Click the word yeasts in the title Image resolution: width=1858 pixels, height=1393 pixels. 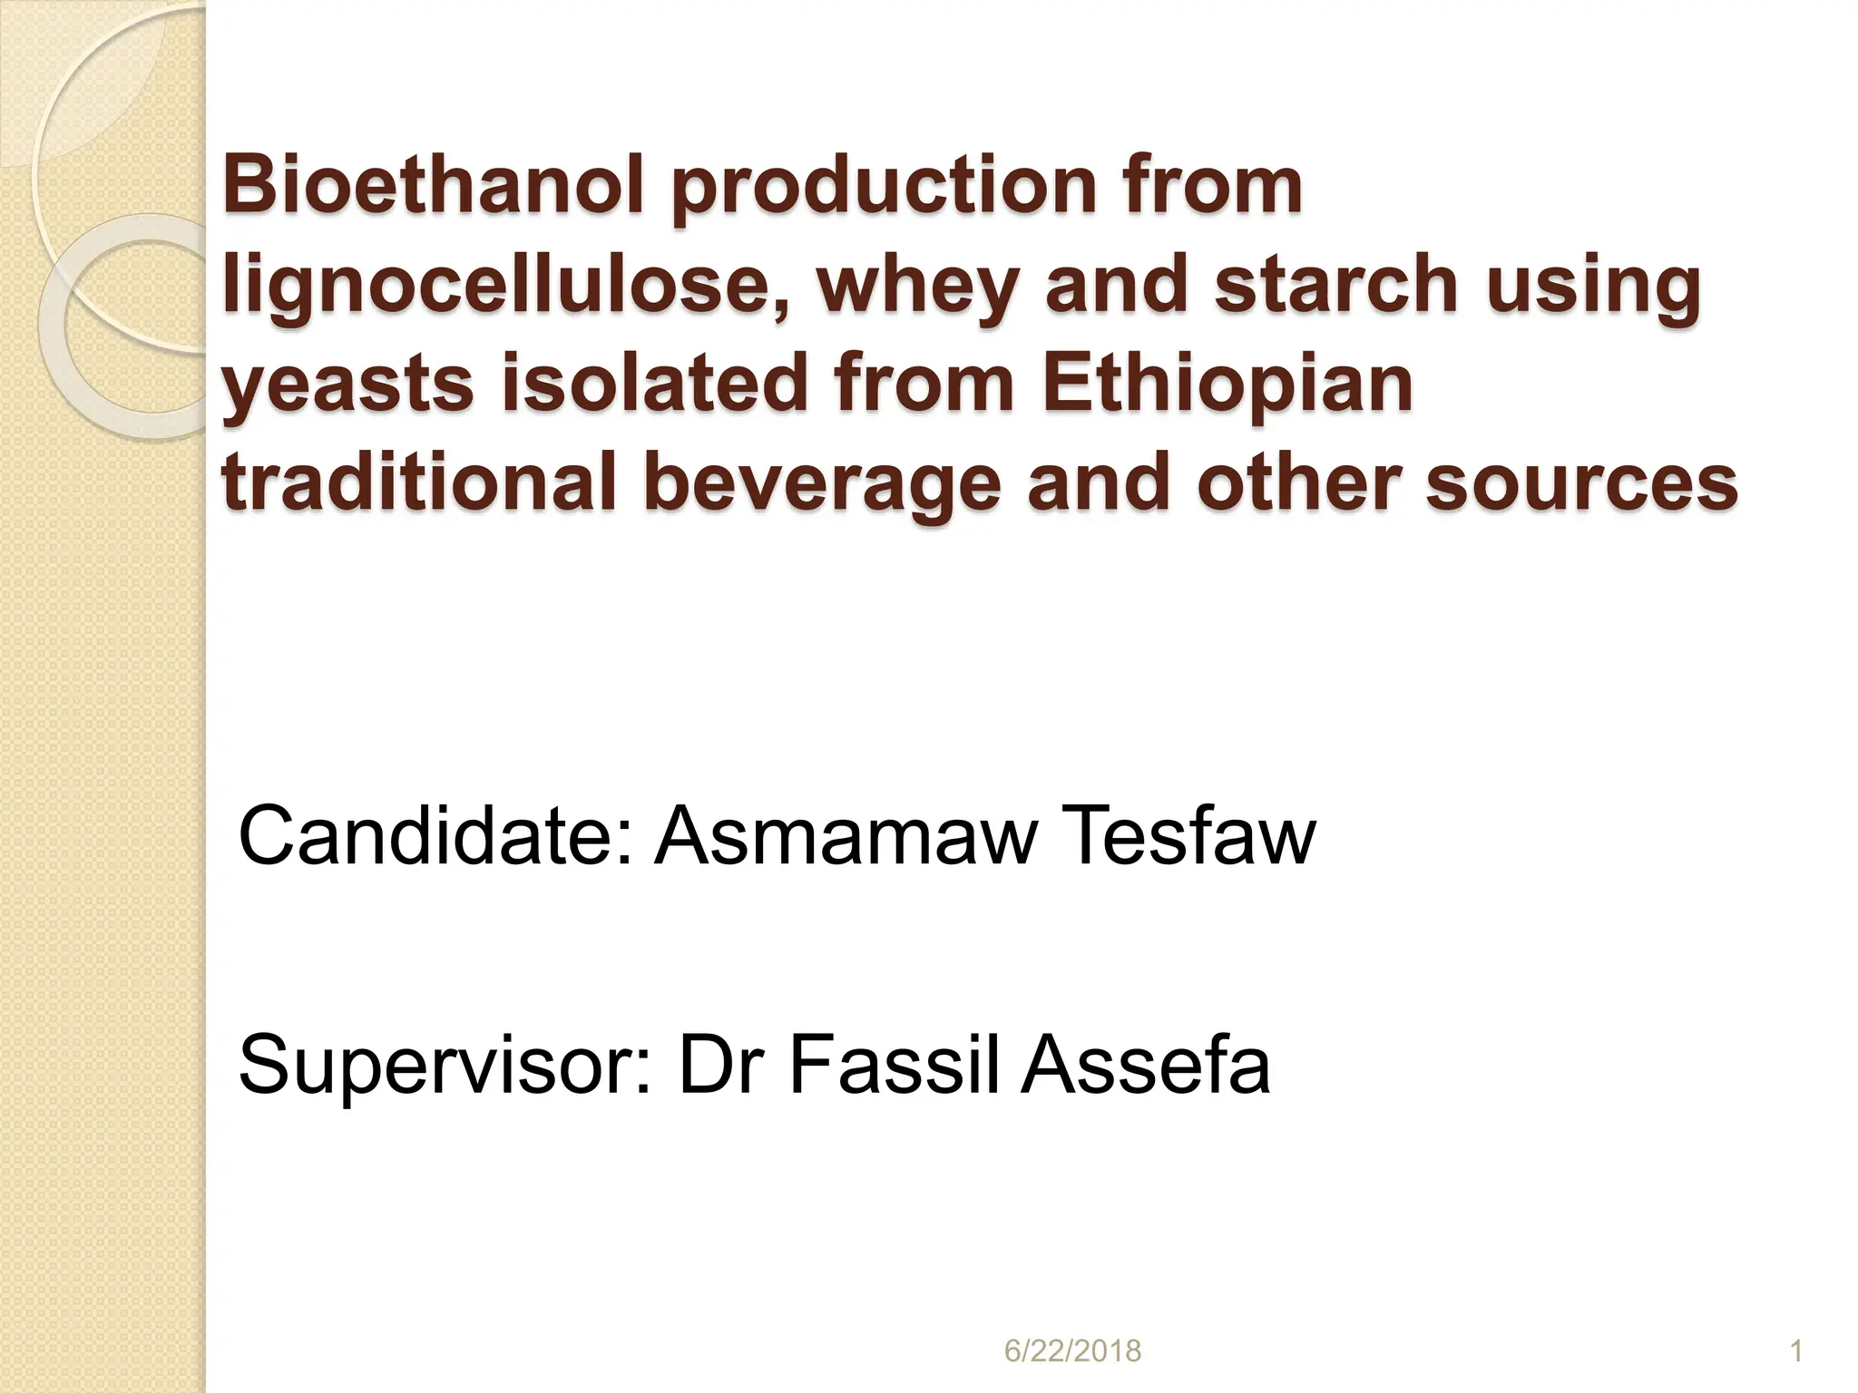coord(347,382)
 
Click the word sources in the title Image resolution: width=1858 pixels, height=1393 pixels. coord(1581,482)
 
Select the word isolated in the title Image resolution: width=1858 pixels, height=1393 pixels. coord(653,382)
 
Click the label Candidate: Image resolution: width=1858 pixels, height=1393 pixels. coord(435,836)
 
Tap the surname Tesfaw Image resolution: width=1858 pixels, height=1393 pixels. coord(1191,836)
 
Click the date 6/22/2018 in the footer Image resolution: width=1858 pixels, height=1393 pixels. coord(1072,1351)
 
